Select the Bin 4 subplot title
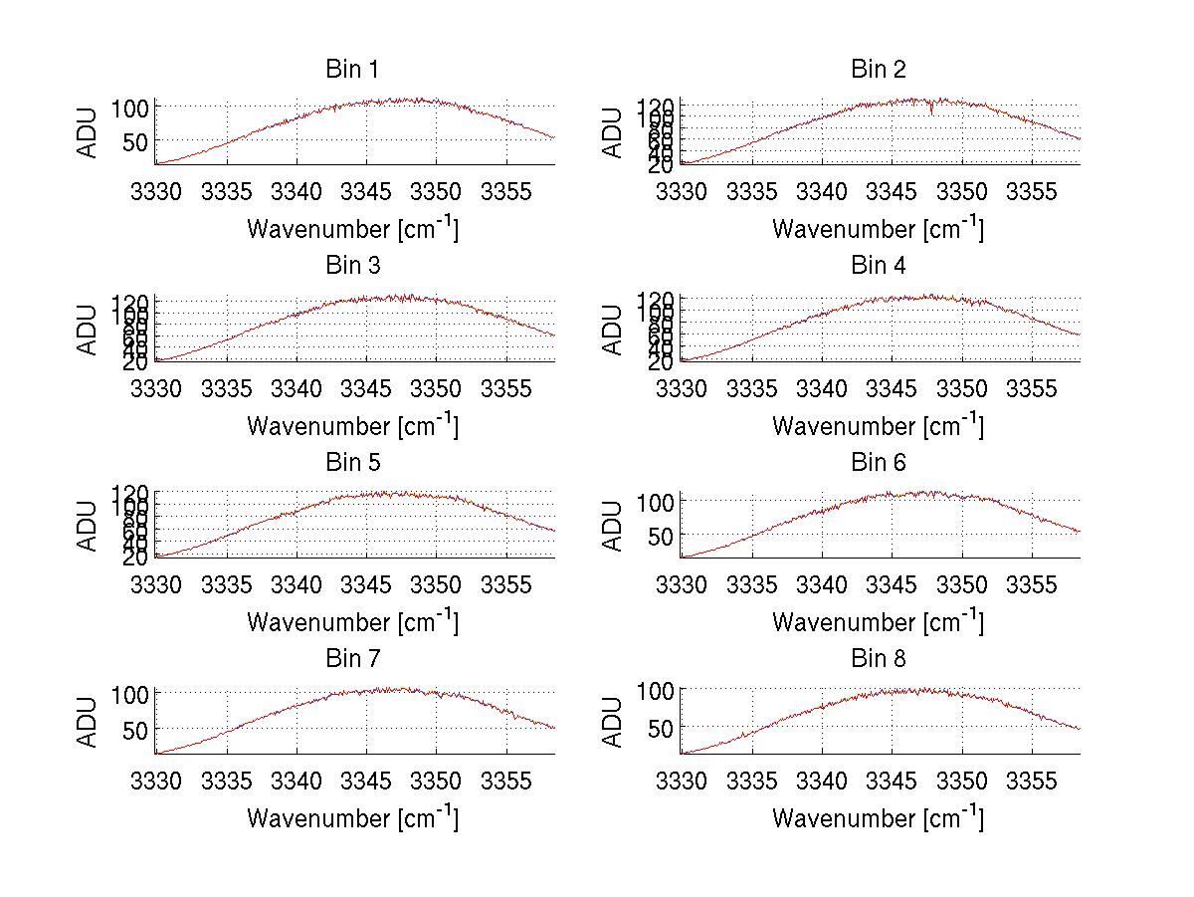[x=877, y=266]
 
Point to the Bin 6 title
[x=877, y=463]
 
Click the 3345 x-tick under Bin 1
[x=366, y=191]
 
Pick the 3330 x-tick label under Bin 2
[x=682, y=191]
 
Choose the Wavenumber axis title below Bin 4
[x=878, y=425]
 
